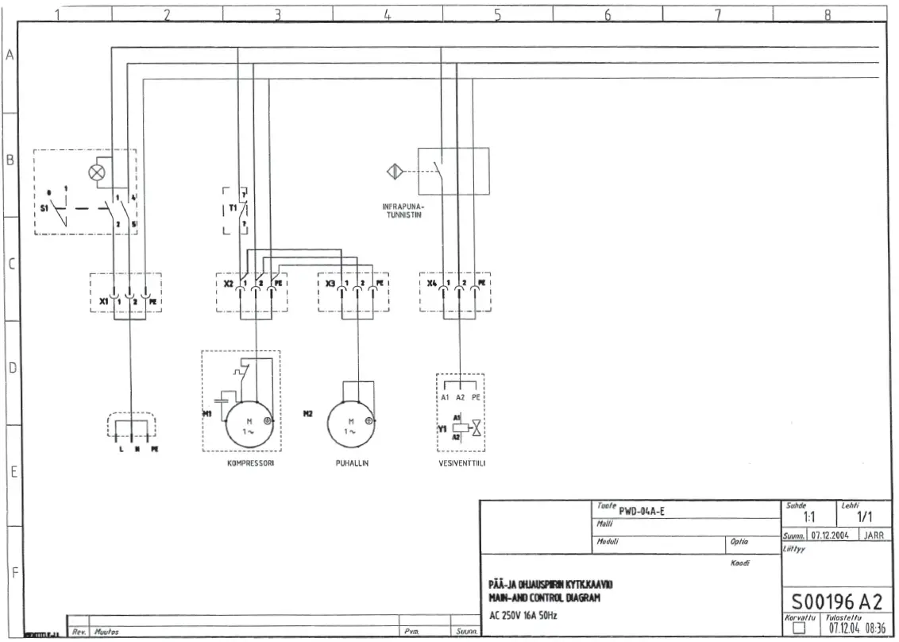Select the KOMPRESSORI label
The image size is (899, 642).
(x=250, y=462)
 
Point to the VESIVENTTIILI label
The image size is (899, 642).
(x=461, y=462)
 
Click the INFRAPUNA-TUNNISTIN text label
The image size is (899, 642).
(x=403, y=211)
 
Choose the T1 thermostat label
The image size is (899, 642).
(x=233, y=208)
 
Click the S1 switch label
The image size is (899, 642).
(x=44, y=208)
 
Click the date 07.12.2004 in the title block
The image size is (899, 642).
(x=830, y=535)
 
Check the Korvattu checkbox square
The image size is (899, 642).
(x=798, y=629)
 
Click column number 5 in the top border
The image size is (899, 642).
(x=497, y=13)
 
